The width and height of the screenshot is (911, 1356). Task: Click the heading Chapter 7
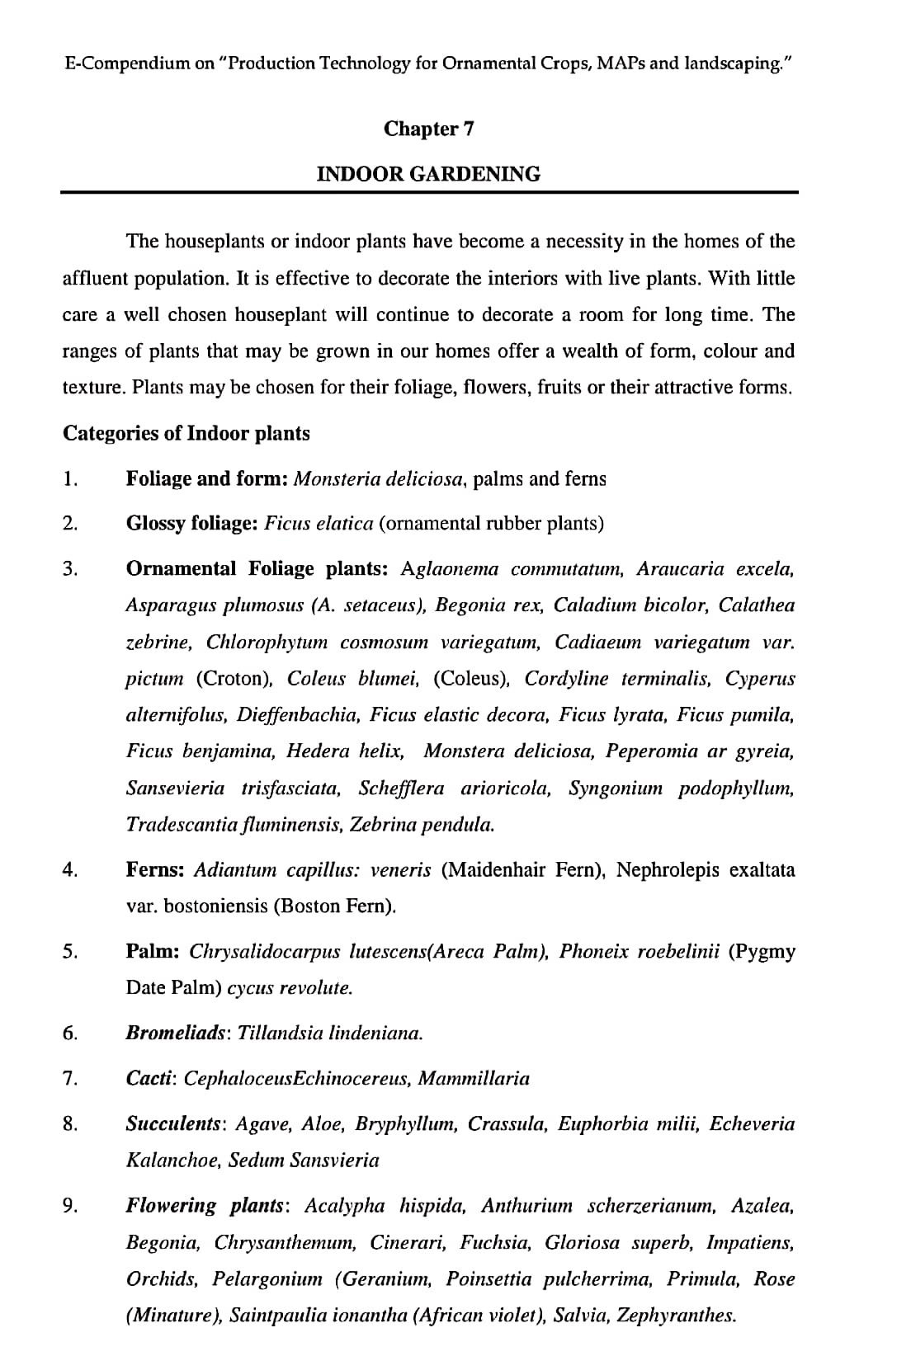[x=428, y=129]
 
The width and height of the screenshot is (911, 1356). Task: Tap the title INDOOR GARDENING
[x=428, y=174]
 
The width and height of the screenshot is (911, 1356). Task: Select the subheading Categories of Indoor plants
[x=186, y=433]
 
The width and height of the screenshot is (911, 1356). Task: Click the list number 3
[x=70, y=568]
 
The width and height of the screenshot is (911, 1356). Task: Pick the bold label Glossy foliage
[x=191, y=523]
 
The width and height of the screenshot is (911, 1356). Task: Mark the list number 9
[x=70, y=1205]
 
